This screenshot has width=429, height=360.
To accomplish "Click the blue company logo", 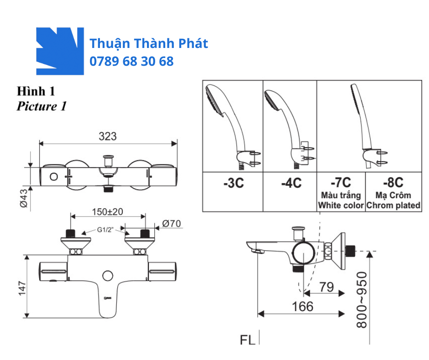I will point(60,51).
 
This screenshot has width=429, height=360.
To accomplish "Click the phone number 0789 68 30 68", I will point(131,61).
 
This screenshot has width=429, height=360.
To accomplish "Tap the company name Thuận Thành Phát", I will point(149,44).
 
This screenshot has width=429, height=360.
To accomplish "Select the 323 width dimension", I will point(108,136).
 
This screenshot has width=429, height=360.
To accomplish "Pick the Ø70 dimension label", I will point(172,223).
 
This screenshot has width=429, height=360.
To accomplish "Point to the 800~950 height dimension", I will point(362,300).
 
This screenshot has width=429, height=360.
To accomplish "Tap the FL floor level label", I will point(247,340).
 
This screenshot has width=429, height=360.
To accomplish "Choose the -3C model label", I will point(233,183).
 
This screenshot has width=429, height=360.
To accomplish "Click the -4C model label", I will point(291,183).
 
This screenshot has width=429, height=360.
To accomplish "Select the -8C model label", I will point(393,183).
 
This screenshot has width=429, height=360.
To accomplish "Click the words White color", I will point(341,205).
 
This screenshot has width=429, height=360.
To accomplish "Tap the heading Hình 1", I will point(36,91).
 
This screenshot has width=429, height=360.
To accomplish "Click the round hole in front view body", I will point(108,275).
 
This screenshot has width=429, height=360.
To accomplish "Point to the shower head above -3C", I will point(224,110).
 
